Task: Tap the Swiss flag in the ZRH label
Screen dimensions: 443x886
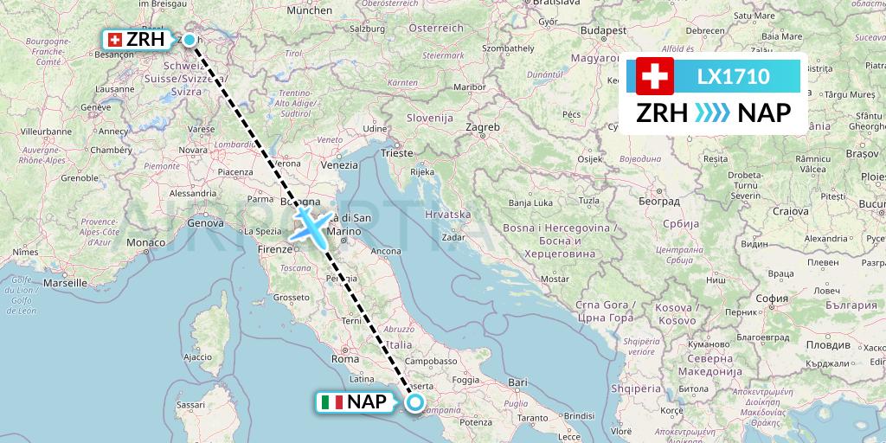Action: tap(115, 40)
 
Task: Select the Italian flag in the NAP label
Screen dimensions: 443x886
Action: tap(331, 401)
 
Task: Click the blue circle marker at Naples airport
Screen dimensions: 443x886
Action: tap(415, 401)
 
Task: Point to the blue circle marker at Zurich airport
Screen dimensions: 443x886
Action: tap(189, 39)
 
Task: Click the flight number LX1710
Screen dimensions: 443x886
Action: tap(733, 76)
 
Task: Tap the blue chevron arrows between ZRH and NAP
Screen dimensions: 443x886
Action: tap(712, 113)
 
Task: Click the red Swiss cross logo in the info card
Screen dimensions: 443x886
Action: tap(654, 76)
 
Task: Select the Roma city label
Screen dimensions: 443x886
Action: tap(344, 358)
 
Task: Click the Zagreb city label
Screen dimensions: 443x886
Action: tap(483, 127)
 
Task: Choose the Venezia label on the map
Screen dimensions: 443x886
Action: tap(338, 164)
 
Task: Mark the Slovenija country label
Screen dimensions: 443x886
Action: tap(430, 117)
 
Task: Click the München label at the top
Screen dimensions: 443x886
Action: tap(308, 11)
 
